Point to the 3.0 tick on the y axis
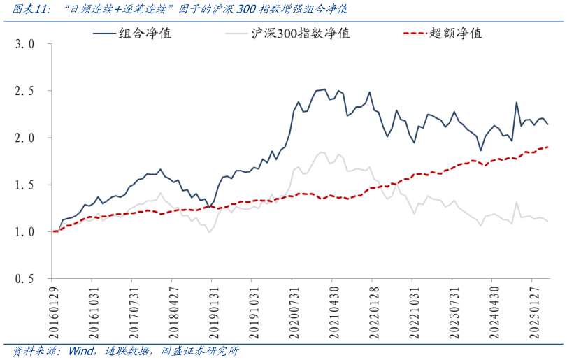tap(26, 44)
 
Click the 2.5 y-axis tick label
tap(26, 91)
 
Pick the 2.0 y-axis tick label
tap(26, 138)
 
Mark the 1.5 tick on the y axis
tap(26, 185)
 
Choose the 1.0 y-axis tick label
tap(26, 231)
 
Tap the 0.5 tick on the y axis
tap(26, 278)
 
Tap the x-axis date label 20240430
tap(494, 310)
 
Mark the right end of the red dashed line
tap(547, 147)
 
